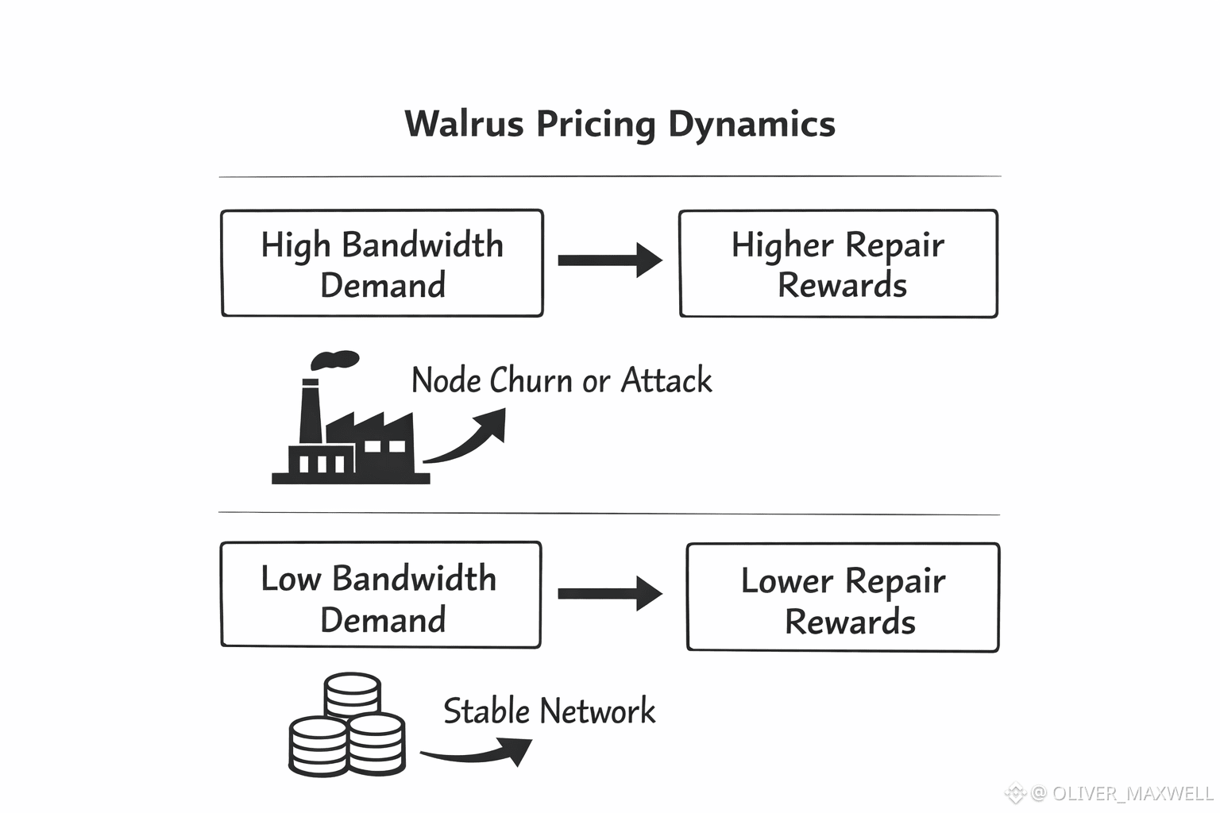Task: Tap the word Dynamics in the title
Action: point(751,125)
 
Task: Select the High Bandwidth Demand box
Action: point(382,264)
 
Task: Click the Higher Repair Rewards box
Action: point(838,264)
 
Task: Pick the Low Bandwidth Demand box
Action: point(380,595)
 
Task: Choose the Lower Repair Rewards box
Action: point(843,598)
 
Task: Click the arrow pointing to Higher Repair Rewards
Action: point(610,260)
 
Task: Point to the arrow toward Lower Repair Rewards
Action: point(610,594)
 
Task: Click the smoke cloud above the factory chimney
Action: point(334,360)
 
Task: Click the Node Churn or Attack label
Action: point(561,380)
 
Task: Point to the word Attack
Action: point(666,380)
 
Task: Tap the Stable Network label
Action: point(549,711)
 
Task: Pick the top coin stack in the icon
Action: point(352,694)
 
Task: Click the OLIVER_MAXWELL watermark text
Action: point(1132,793)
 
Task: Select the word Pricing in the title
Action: point(595,125)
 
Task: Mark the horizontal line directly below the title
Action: point(610,176)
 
